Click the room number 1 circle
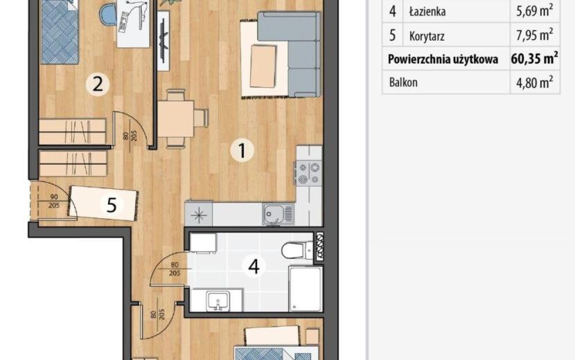click(242, 150)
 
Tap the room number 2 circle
click(98, 84)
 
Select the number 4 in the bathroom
click(254, 267)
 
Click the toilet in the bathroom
click(298, 250)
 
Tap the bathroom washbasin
click(218, 301)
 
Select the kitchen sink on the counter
click(278, 215)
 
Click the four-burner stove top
click(309, 173)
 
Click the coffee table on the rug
click(263, 66)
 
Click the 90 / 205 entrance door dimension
click(54, 201)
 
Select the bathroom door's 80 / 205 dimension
click(175, 269)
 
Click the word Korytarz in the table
click(427, 36)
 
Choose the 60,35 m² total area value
click(534, 58)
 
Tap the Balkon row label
click(403, 82)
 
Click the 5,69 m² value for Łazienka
click(535, 11)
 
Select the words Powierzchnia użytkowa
click(443, 60)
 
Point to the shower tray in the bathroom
click(306, 289)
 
